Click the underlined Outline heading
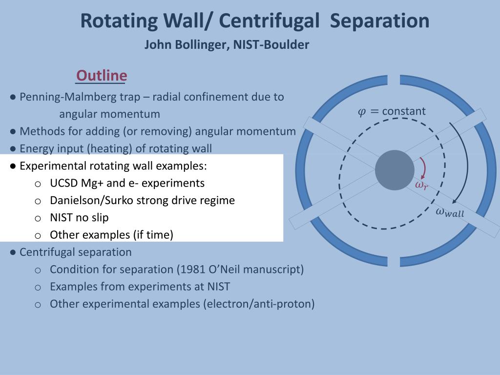(102, 76)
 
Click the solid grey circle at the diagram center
(395, 170)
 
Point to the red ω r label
(421, 185)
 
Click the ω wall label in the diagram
(450, 212)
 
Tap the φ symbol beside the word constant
(362, 112)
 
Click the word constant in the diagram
(404, 111)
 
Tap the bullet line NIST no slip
(79, 218)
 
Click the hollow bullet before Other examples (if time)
(38, 236)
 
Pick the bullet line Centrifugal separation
(75, 252)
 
